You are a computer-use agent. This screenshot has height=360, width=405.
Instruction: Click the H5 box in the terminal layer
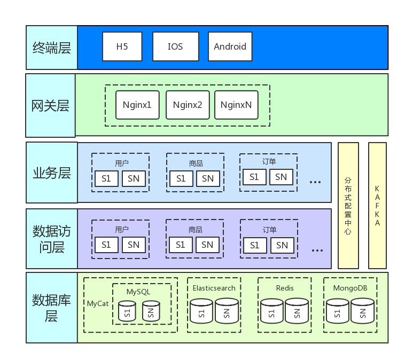(x=122, y=46)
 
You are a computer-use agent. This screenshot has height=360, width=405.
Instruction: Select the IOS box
(x=175, y=46)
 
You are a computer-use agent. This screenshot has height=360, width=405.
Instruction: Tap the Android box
(x=230, y=46)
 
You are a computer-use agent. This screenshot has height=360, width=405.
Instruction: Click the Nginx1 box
(x=137, y=105)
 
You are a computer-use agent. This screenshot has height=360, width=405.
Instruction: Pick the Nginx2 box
(x=188, y=105)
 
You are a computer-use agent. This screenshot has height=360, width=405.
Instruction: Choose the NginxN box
(x=236, y=105)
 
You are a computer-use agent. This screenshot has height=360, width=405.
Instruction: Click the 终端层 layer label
(x=52, y=48)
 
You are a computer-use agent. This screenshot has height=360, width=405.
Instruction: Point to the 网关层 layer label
(x=51, y=106)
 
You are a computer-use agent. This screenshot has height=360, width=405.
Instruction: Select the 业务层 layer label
(x=52, y=173)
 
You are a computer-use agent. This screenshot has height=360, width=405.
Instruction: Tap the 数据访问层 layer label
(x=52, y=239)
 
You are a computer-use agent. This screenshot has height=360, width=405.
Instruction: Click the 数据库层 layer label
(x=52, y=307)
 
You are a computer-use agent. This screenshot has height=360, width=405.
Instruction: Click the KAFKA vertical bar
(x=377, y=206)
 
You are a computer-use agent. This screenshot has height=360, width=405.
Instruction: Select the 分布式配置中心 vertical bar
(x=348, y=206)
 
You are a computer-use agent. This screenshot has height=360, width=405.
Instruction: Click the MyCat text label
(x=98, y=303)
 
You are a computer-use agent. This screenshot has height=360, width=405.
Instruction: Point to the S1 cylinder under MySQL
(x=127, y=311)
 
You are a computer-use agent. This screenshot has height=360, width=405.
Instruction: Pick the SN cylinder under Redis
(x=297, y=311)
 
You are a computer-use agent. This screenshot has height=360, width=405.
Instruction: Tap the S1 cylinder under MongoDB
(x=338, y=311)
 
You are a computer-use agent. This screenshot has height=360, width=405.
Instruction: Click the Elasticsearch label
(x=214, y=288)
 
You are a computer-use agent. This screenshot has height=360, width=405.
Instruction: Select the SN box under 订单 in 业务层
(x=281, y=177)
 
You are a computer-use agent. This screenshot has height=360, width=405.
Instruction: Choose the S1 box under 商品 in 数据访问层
(x=181, y=245)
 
